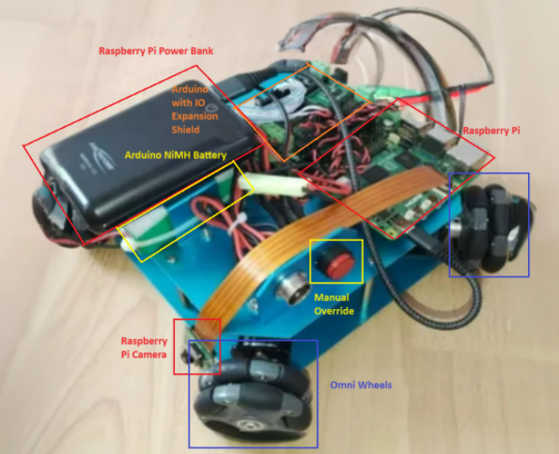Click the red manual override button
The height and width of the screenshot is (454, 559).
click(335, 262)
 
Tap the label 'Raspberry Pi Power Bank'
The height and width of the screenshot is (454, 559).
click(156, 51)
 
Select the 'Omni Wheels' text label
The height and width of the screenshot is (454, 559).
click(361, 384)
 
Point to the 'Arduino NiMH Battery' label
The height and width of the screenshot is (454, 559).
click(176, 155)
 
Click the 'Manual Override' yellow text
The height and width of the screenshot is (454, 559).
click(334, 304)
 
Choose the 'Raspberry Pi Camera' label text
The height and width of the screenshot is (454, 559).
click(144, 348)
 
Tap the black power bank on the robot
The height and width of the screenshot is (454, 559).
click(147, 153)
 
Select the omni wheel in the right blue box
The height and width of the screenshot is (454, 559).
click(494, 228)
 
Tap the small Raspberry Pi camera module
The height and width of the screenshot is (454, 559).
click(199, 352)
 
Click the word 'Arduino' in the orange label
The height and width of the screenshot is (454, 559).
click(190, 89)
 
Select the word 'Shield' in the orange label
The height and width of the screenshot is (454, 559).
click(185, 130)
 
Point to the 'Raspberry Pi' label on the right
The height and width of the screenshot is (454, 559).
click(491, 131)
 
